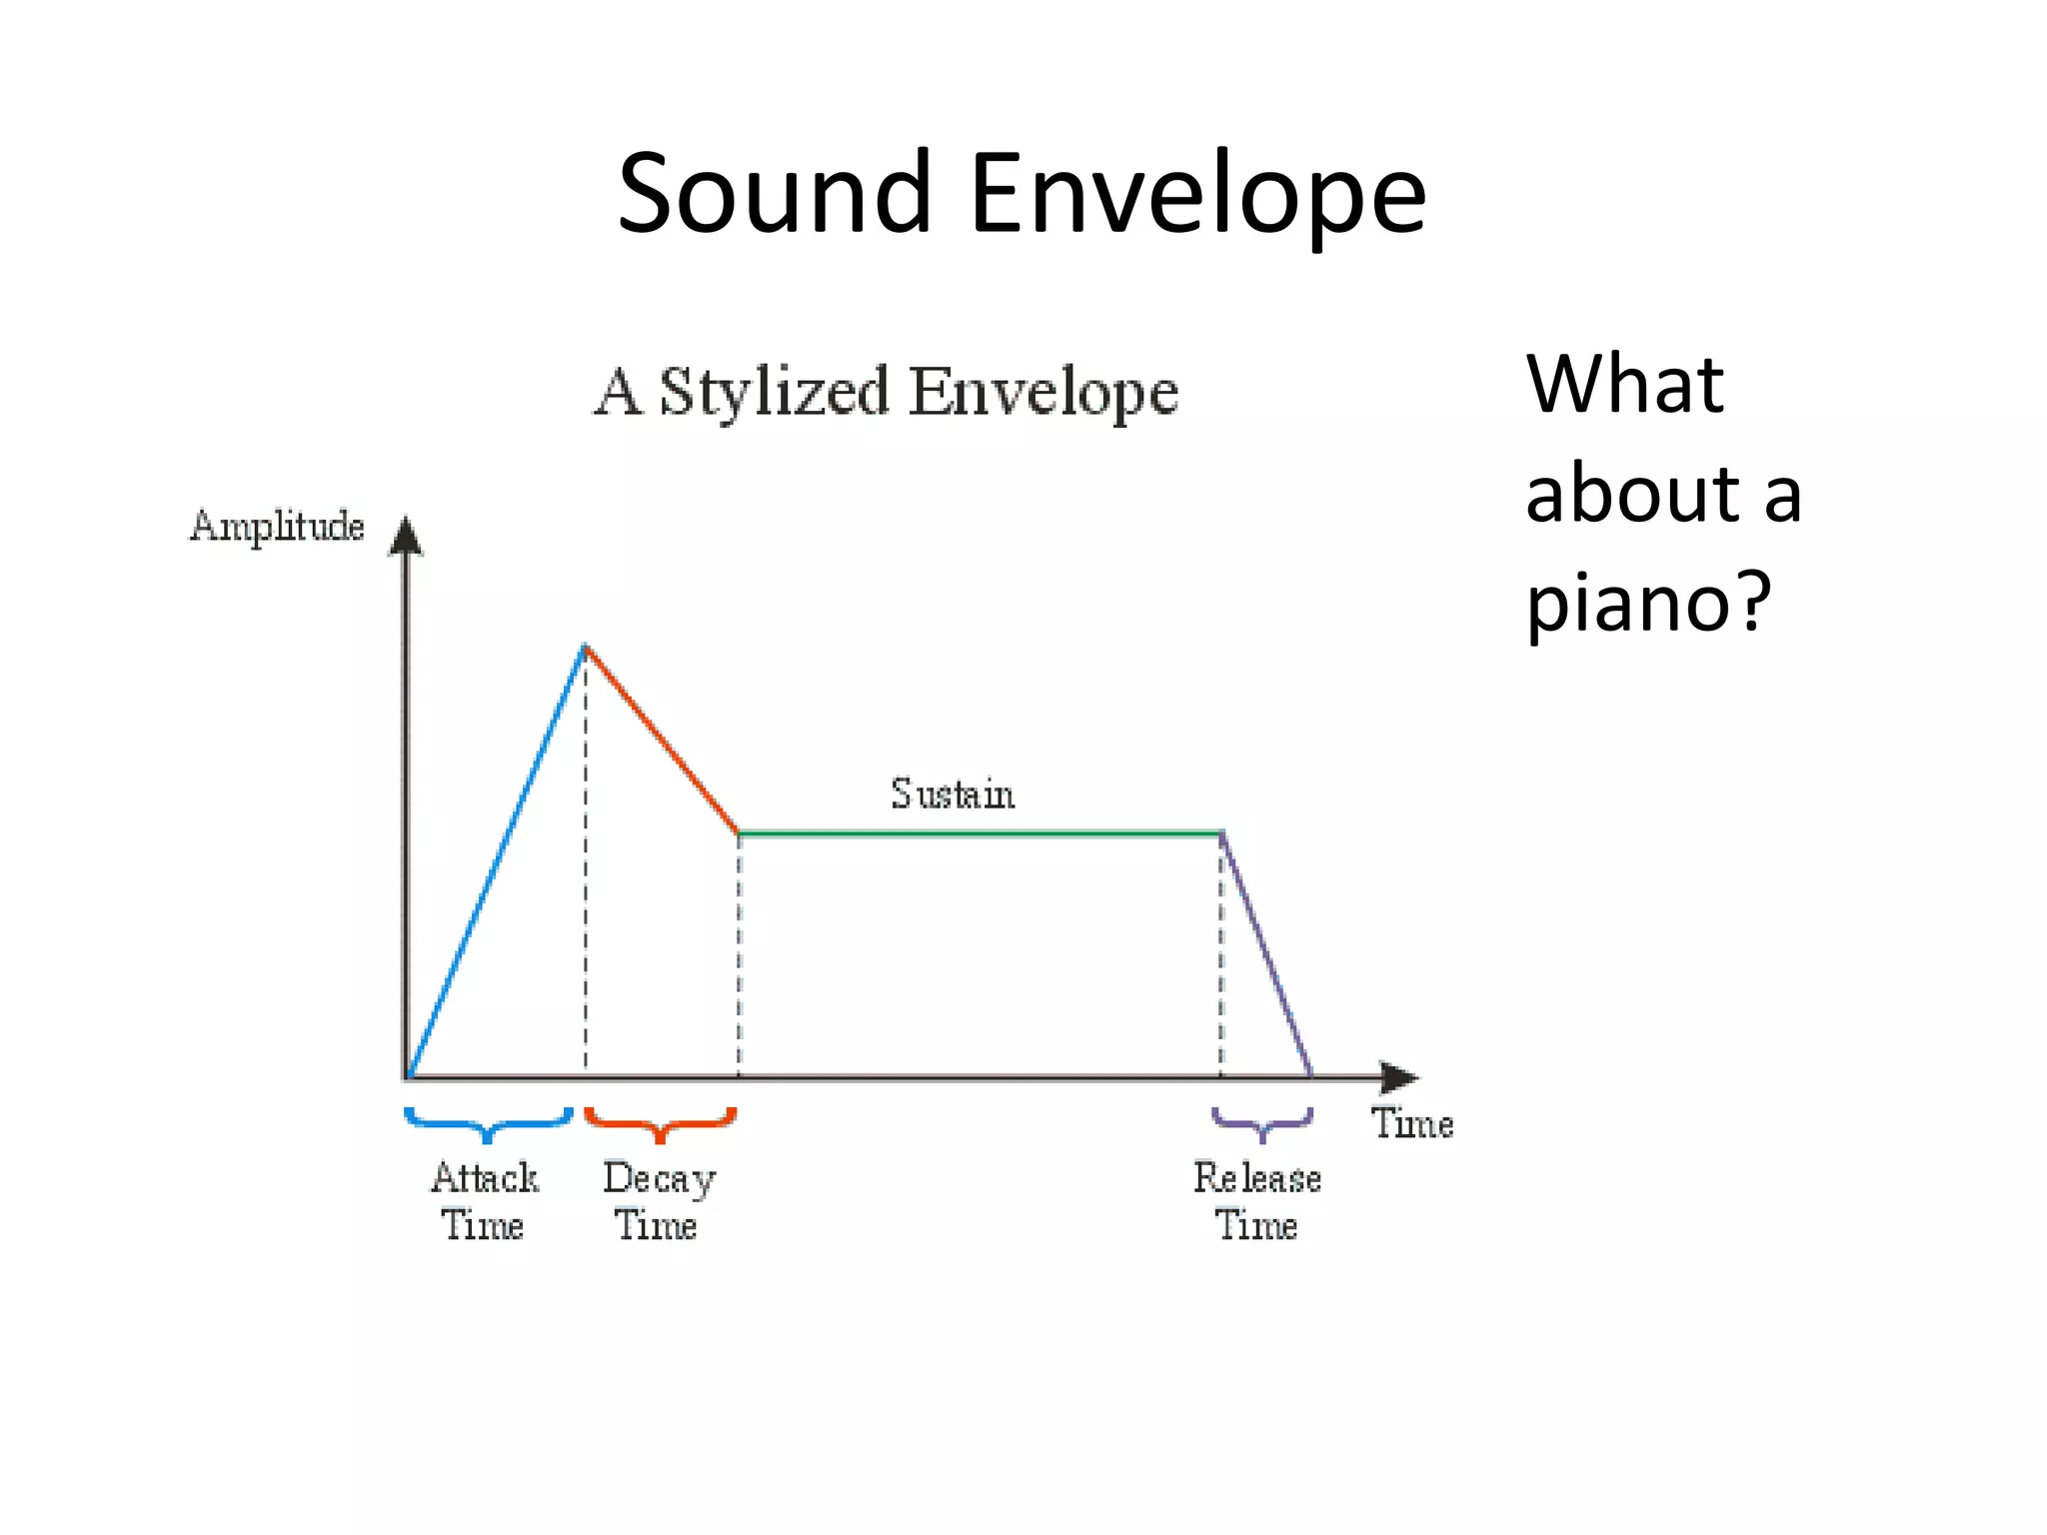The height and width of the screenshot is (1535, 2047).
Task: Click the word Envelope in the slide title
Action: click(x=1197, y=195)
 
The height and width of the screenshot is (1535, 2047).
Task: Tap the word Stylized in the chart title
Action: click(x=774, y=393)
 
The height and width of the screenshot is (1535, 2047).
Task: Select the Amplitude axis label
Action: click(x=277, y=527)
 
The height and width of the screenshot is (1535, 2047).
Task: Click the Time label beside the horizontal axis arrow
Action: click(x=1411, y=1123)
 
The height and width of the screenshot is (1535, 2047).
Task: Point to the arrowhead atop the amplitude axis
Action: click(x=406, y=536)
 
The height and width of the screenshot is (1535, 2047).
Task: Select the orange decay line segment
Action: click(x=662, y=740)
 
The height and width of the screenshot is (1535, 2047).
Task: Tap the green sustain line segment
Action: click(x=980, y=832)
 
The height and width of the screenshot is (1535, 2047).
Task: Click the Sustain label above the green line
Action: click(x=953, y=794)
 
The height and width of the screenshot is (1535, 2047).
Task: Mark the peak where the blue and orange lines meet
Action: click(x=586, y=648)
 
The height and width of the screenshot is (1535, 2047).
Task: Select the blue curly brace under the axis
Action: click(x=488, y=1124)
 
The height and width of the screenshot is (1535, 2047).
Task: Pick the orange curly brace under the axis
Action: click(x=660, y=1124)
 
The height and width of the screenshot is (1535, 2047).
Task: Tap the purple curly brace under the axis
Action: click(x=1262, y=1124)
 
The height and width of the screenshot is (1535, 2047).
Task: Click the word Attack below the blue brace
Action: click(x=485, y=1178)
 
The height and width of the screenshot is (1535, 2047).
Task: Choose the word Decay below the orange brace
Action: click(x=660, y=1179)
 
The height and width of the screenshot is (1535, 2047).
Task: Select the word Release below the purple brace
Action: click(x=1257, y=1178)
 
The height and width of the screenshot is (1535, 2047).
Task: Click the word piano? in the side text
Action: click(x=1647, y=603)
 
